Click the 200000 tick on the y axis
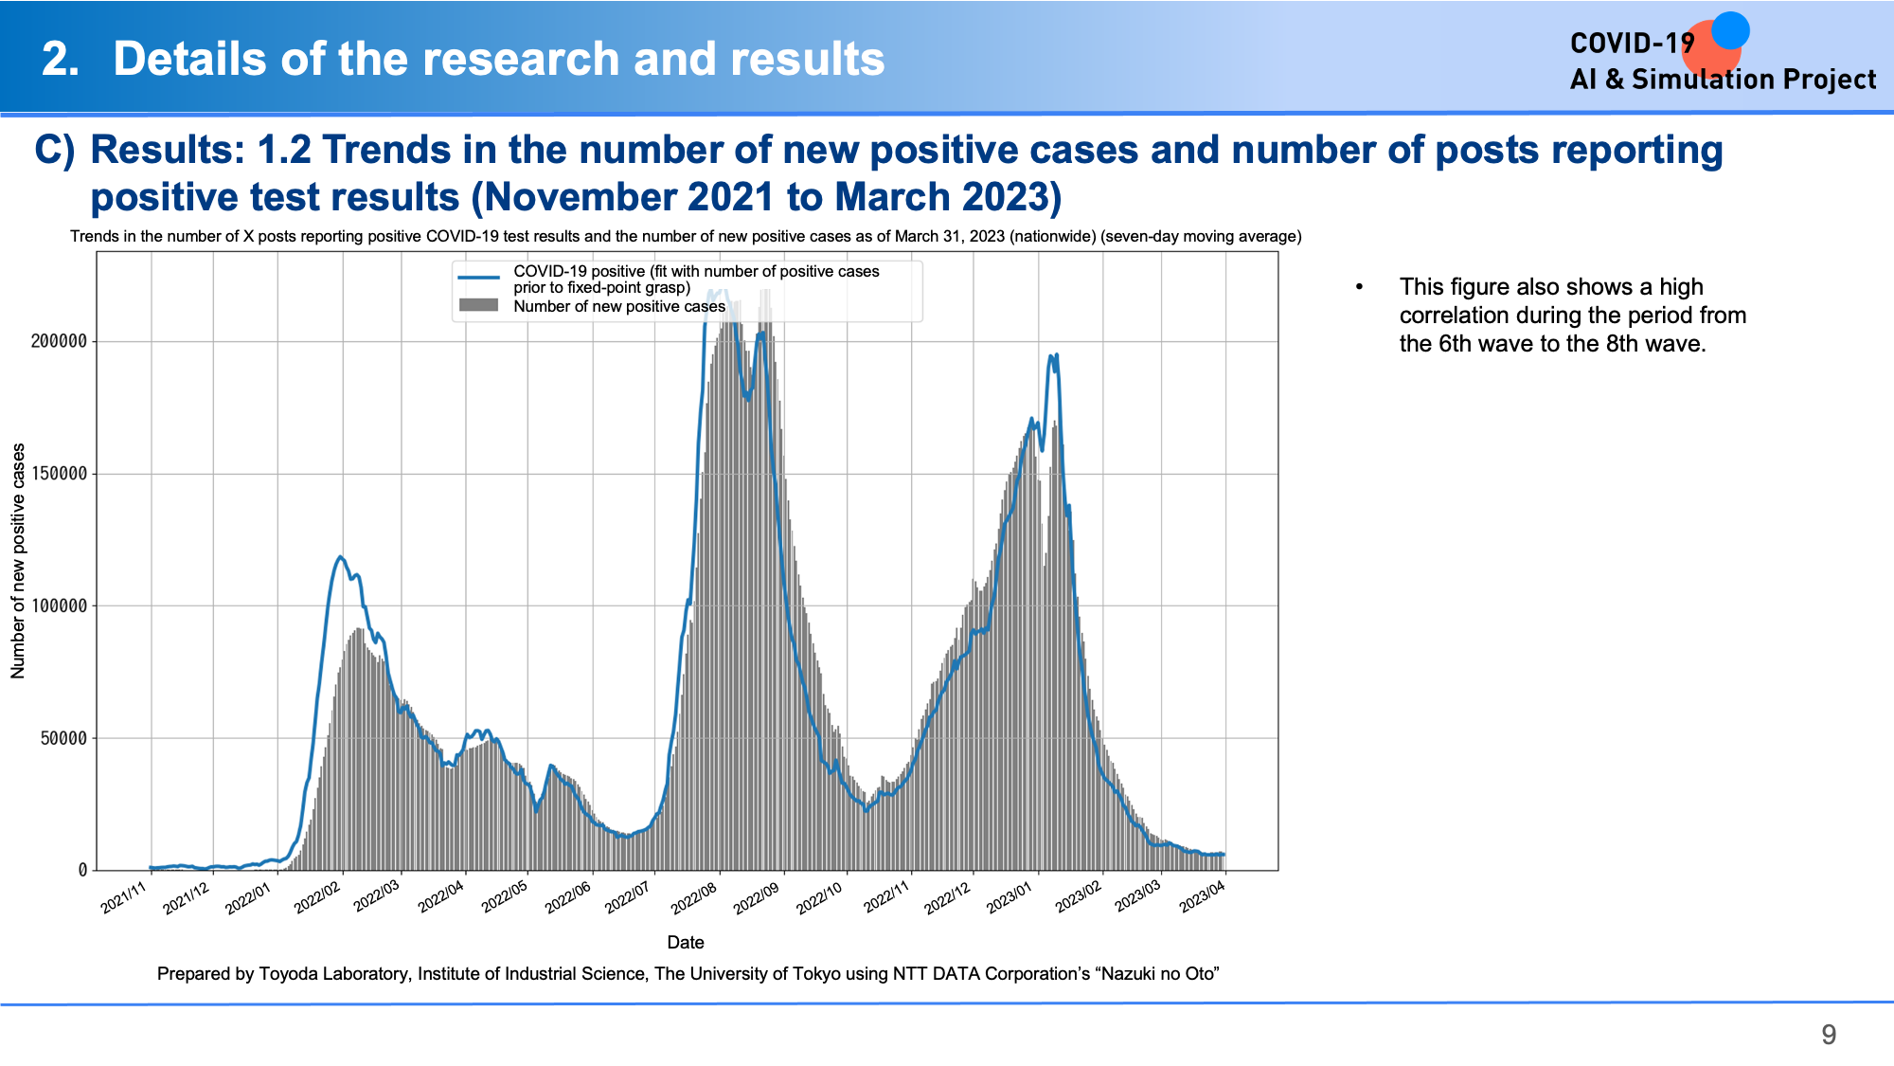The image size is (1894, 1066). coord(59,341)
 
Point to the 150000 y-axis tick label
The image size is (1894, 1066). coord(59,474)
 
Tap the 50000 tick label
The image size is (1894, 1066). coord(63,738)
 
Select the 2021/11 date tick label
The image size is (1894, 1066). coord(125,896)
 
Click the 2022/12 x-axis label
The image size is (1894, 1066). coord(949,896)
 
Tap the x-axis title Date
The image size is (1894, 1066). coord(686,942)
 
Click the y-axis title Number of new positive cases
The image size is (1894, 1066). coord(18,561)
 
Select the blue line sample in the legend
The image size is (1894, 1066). coord(478,278)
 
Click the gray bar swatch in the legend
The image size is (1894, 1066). coord(478,305)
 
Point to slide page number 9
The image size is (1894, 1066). coord(1829,1034)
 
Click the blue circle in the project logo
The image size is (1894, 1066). coord(1730,30)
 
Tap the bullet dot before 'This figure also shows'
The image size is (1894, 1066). coord(1360,287)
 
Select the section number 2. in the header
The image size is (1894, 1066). coord(61,59)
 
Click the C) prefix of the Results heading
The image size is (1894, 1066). coord(54,151)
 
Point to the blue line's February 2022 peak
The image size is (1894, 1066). coord(341,557)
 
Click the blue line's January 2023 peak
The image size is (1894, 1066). coord(1052,355)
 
